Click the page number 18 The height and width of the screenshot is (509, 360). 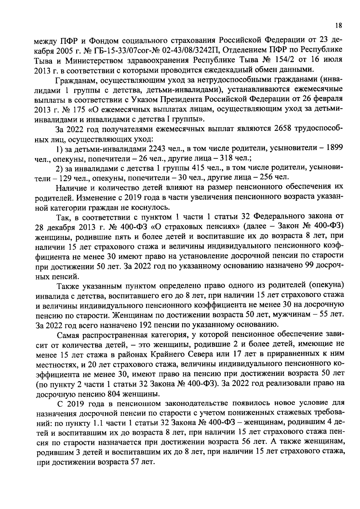[338, 26]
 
